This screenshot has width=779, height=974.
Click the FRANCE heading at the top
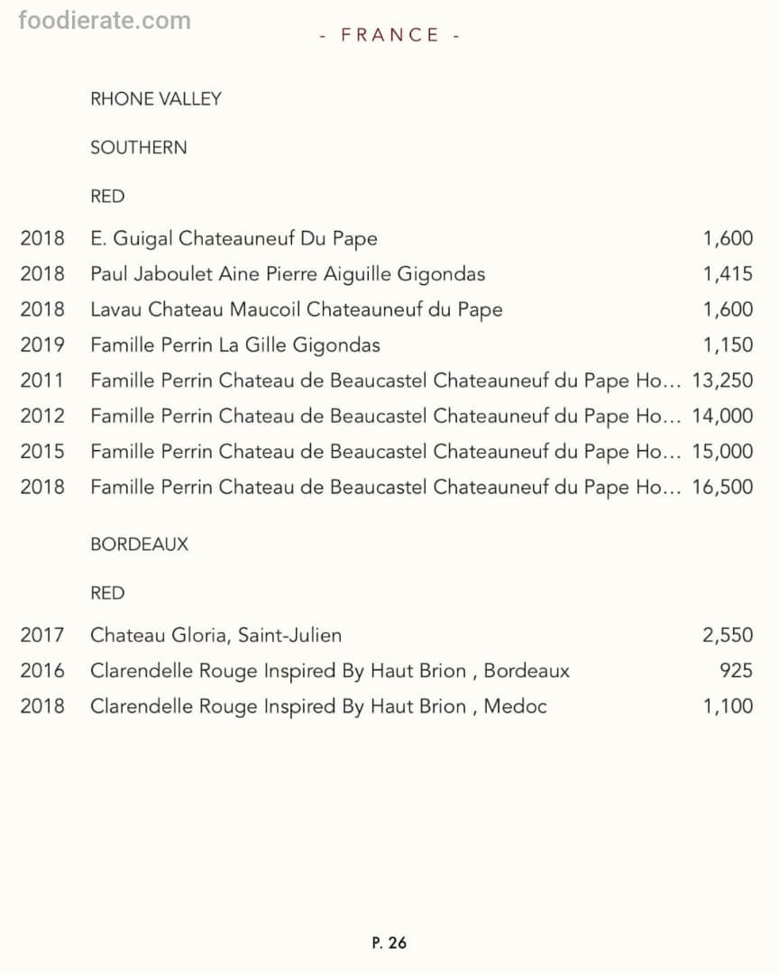pos(389,35)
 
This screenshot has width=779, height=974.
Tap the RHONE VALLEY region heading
pos(156,99)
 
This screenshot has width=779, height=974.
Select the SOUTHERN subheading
pos(139,148)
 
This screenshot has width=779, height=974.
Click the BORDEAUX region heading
pos(140,545)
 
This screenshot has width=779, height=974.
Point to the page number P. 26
pos(389,942)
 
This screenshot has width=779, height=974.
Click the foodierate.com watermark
pos(105,20)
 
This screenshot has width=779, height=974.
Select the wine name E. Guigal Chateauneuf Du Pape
pos(234,238)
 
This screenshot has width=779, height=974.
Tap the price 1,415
pos(728,273)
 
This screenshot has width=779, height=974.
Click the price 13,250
pos(722,380)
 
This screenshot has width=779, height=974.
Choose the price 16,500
pos(722,487)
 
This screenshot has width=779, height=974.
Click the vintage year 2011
pos(42,380)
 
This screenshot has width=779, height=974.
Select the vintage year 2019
pos(42,345)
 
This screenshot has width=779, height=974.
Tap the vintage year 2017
pos(42,635)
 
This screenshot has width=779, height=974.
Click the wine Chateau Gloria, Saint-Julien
pos(215,635)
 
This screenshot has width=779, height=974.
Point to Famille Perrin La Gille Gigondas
pos(235,345)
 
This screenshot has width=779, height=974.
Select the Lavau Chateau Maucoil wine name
pos(297,309)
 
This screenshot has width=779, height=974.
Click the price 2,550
pos(728,635)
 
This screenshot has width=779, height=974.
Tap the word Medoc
pos(515,706)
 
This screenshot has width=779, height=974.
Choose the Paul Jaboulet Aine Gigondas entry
pos(288,273)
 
